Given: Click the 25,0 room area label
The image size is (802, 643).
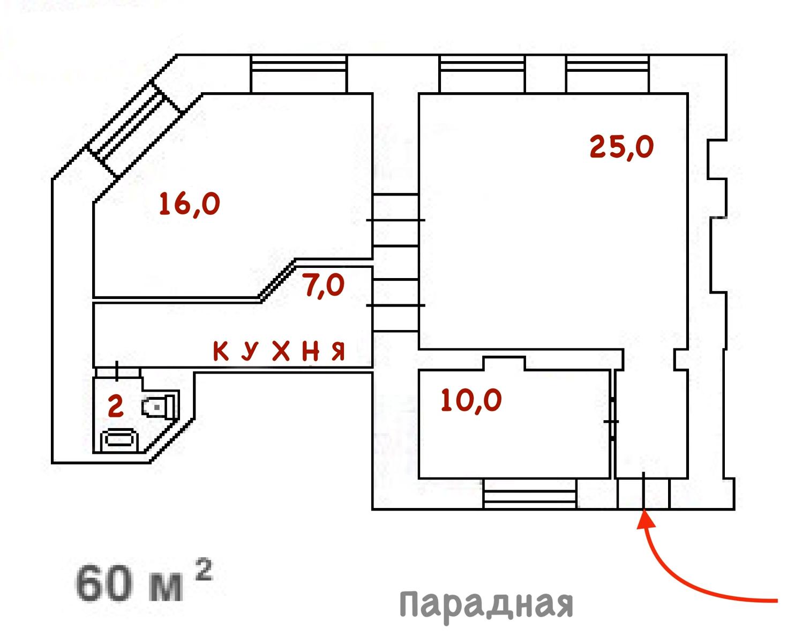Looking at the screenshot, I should coord(621,146).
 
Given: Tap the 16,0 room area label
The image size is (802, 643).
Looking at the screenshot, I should coord(190,204).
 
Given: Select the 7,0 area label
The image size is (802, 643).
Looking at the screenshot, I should coord(324,285).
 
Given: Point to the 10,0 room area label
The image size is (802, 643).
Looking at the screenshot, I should coord(471,400).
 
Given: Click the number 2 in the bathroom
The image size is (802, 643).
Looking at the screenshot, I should coord(115,406).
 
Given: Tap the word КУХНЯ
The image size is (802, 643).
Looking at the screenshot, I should coord(279,352).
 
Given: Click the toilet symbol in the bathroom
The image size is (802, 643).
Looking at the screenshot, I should coord(160,407).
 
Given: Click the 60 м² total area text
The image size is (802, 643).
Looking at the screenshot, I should coord(144,581).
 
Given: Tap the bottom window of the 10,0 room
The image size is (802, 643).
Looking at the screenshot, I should coord(530,494).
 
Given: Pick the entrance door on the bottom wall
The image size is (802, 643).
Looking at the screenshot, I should coord(643,493).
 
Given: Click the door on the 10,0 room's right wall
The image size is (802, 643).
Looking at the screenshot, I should coord(612,421).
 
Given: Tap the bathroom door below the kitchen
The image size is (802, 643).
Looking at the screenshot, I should coord(117,371).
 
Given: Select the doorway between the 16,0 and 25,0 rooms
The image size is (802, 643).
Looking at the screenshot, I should coord(395,220).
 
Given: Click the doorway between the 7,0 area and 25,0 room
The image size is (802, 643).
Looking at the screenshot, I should coord(395,305).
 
